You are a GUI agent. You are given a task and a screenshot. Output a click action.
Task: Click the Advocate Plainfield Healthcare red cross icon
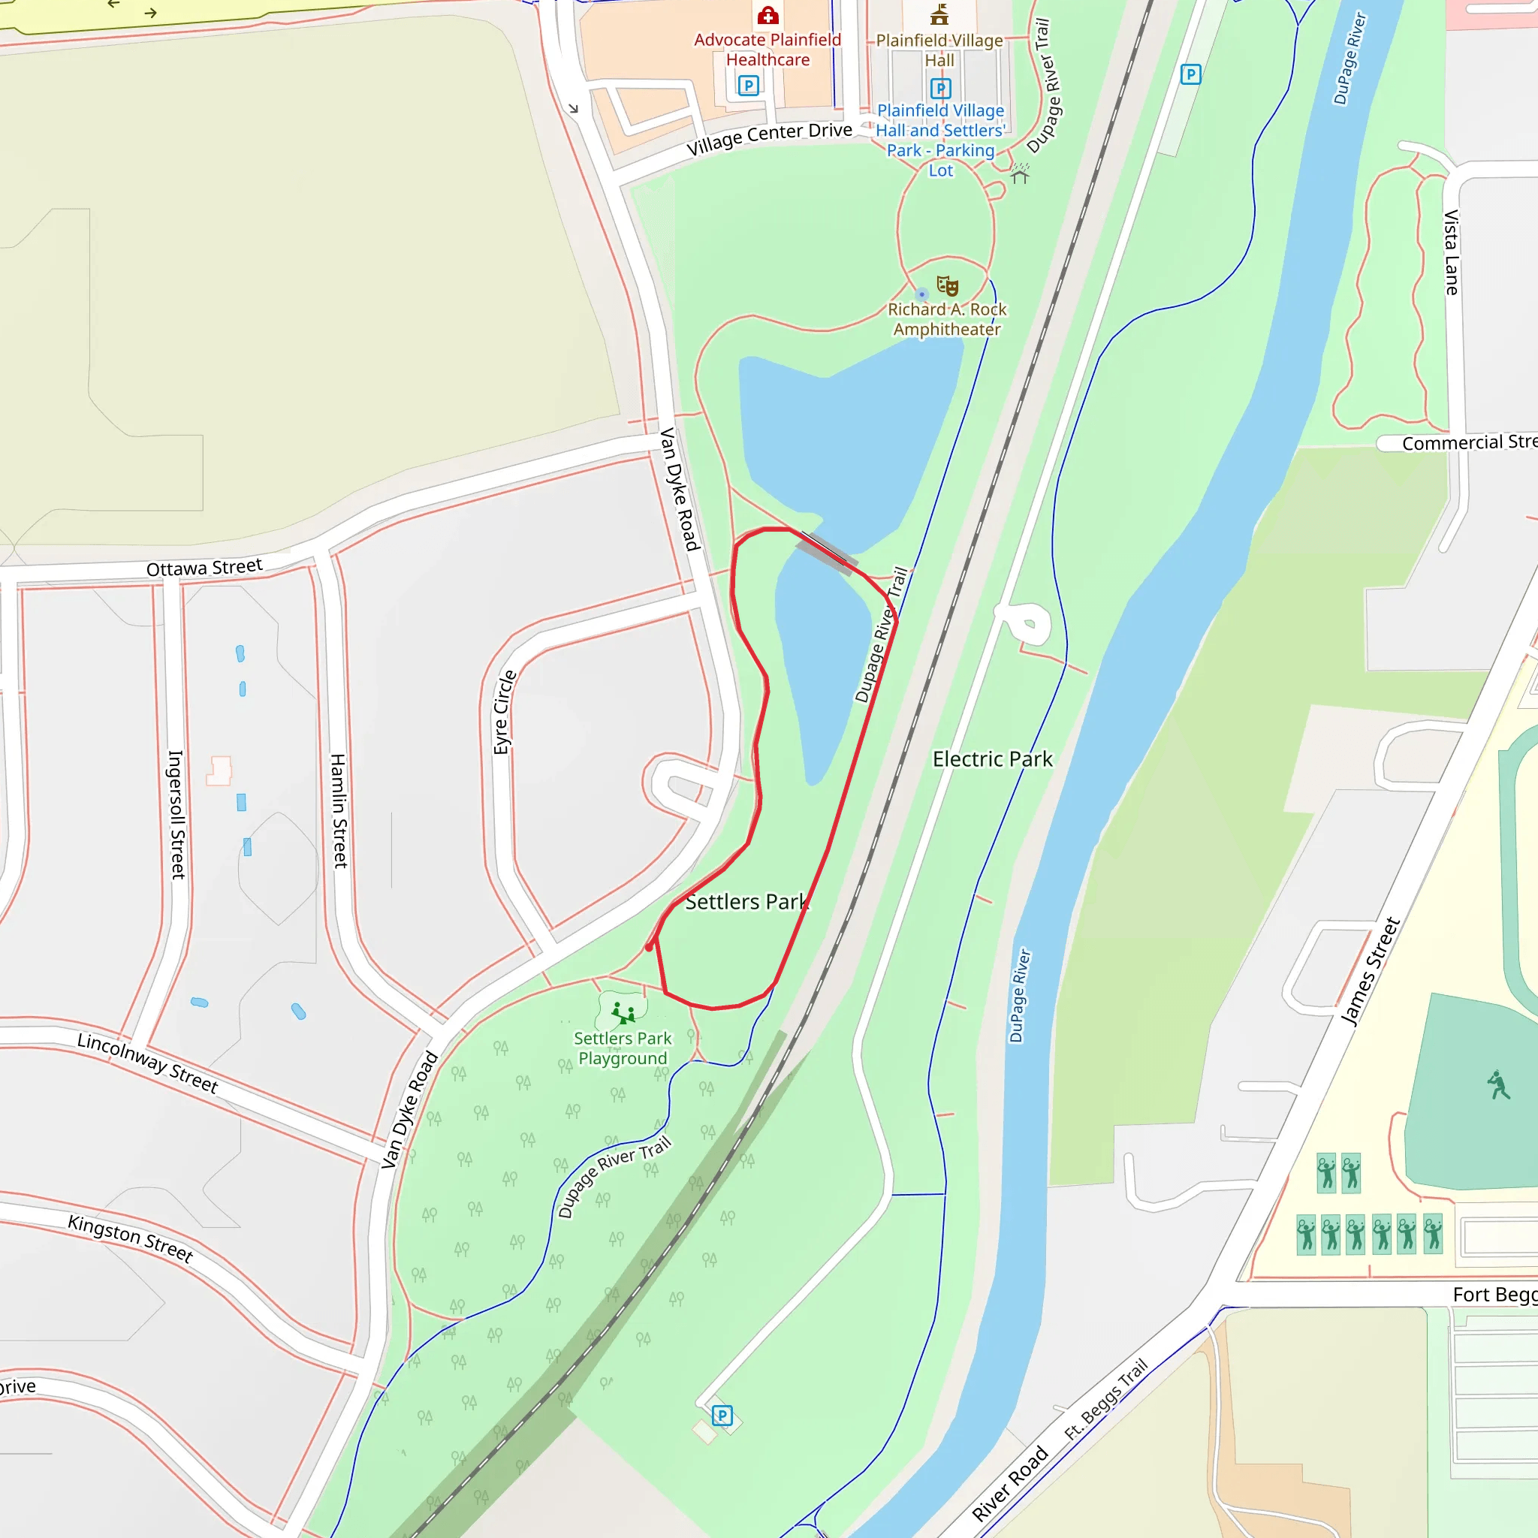click(767, 15)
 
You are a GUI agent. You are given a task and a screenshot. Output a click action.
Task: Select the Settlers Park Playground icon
click(623, 1013)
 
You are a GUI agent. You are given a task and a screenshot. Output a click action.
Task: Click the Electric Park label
click(992, 759)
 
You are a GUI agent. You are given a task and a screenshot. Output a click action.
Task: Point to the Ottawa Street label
click(204, 568)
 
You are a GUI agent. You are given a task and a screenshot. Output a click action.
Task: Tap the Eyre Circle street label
click(504, 713)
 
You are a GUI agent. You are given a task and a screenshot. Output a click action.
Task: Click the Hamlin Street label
click(339, 810)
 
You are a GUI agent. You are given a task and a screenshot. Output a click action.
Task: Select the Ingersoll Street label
click(176, 814)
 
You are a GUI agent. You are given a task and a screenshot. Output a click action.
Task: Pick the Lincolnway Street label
click(147, 1063)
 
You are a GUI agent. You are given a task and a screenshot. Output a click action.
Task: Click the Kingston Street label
click(131, 1238)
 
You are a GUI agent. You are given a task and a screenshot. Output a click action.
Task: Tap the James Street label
click(1370, 972)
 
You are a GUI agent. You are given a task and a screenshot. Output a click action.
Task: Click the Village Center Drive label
click(769, 138)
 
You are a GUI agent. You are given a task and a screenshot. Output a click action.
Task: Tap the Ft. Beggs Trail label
click(1106, 1398)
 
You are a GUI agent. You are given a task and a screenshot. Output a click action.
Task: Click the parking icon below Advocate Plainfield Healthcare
click(747, 85)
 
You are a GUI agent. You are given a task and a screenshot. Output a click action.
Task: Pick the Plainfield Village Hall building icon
click(939, 14)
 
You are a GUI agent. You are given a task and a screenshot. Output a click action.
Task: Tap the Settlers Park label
click(746, 902)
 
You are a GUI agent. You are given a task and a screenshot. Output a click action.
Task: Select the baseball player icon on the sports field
click(1498, 1085)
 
